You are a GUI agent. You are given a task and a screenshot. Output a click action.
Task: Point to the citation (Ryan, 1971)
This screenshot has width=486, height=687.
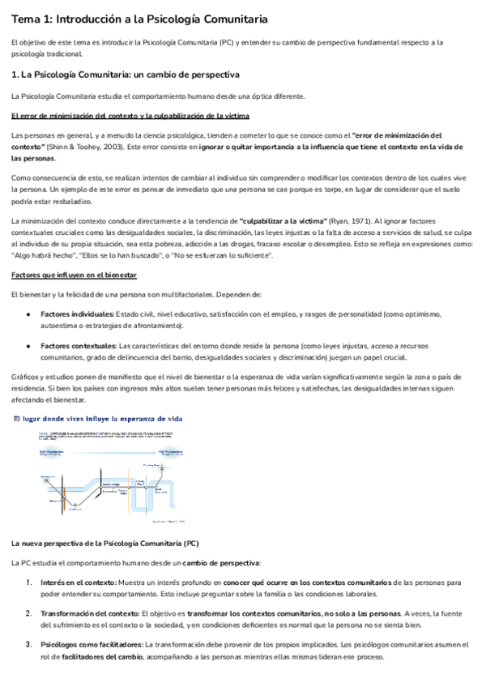[x=349, y=221]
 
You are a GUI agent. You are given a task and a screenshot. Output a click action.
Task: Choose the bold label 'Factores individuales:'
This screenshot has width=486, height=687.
[x=77, y=314]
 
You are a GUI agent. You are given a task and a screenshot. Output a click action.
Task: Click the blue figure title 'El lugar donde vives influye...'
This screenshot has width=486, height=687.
[x=96, y=419]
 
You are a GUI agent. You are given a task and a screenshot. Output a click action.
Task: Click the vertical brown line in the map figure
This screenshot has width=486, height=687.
[x=127, y=487]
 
